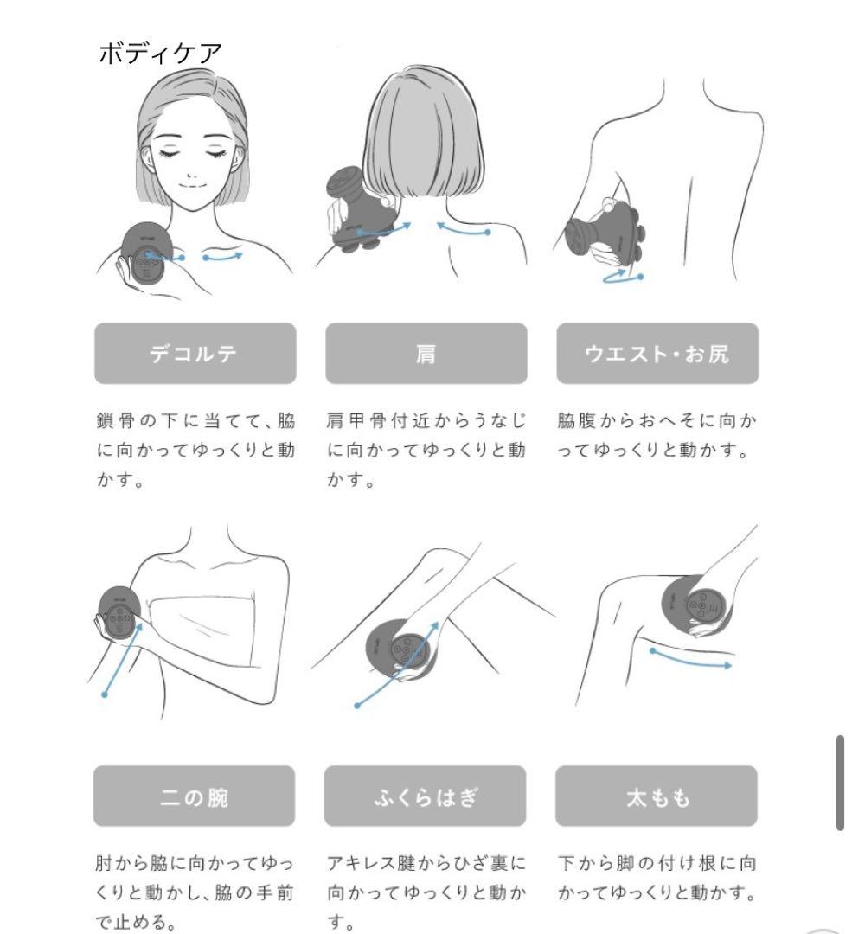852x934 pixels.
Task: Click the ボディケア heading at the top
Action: tap(160, 53)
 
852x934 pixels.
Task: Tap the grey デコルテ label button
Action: tap(195, 354)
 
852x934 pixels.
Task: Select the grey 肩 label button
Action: tap(426, 354)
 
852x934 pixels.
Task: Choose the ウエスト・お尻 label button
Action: tap(657, 354)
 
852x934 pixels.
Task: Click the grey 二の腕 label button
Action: tap(194, 796)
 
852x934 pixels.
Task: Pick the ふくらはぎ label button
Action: tap(425, 796)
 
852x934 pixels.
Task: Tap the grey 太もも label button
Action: tap(657, 796)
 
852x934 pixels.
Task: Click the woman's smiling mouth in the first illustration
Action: tap(192, 184)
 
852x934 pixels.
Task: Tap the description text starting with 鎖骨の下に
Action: tap(195, 451)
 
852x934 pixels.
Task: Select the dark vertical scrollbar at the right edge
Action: tap(840, 783)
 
